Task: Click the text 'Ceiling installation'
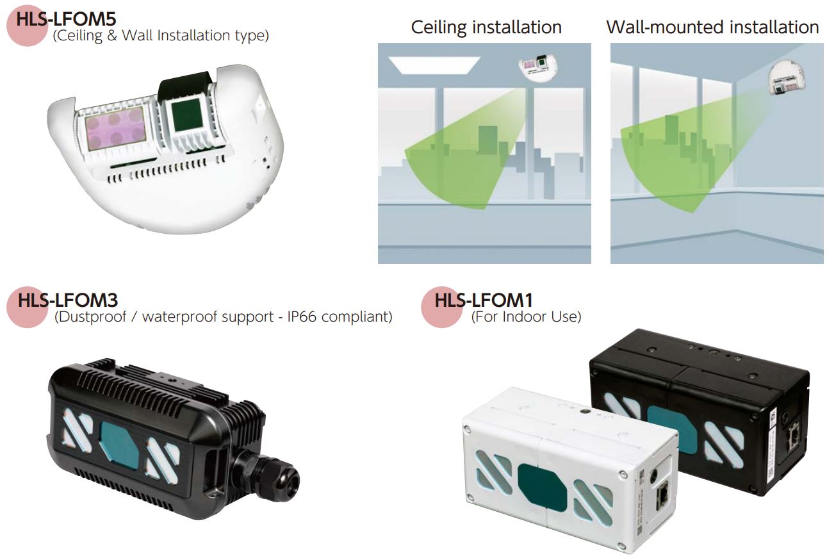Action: (x=486, y=28)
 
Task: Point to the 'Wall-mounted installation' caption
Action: (x=712, y=28)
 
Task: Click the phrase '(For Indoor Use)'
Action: (x=526, y=316)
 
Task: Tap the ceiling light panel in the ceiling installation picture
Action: (x=434, y=65)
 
